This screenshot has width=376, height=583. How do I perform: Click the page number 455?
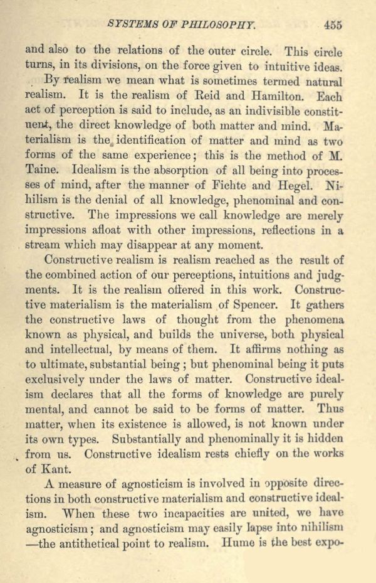point(333,25)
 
